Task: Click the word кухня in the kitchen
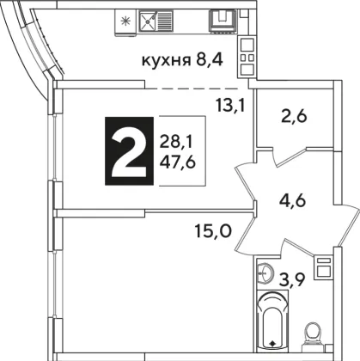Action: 167,61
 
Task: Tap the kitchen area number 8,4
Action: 209,60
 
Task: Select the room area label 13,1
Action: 230,107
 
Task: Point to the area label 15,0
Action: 213,231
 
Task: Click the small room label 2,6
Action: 294,117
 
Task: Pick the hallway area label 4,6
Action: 293,200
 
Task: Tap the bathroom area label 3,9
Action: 292,278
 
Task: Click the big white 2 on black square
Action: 130,151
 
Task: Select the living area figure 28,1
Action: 176,143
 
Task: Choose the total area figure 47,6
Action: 178,162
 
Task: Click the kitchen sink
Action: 156,21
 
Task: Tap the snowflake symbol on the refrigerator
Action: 125,21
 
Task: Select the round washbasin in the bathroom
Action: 265,273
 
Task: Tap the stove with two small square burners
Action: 247,58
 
